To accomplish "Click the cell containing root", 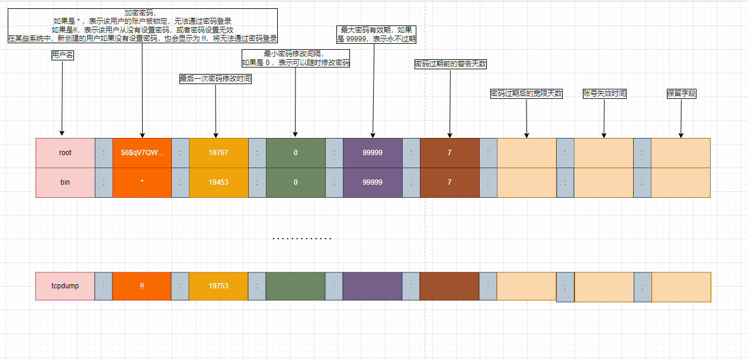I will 65,153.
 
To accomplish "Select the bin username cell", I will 65,182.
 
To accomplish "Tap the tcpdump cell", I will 65,286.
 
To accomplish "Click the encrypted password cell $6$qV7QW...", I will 142,153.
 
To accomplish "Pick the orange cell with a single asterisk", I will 142,182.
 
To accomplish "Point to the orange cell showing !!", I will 142,286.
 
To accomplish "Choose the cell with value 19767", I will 219,153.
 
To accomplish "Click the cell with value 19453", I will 219,182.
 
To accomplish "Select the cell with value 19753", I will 219,286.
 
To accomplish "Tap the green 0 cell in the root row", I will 296,153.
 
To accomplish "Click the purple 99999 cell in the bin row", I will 373,182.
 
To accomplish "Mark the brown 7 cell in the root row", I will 450,153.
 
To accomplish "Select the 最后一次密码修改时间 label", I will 216,79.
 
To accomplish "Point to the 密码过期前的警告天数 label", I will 451,64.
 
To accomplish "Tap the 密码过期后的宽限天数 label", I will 527,94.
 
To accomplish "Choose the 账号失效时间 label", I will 604,94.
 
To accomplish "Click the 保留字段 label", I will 680,94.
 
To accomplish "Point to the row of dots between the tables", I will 301,239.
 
